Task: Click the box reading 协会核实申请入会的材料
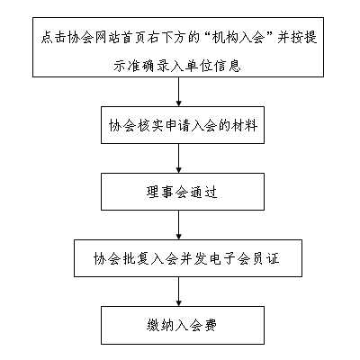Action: tap(183, 125)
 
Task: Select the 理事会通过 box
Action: tap(183, 192)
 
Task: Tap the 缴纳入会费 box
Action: tap(183, 325)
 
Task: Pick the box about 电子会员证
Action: tap(188, 258)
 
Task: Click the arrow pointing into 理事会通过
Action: tap(179, 158)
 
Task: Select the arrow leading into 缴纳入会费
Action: tap(179, 292)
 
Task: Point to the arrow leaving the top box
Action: tap(179, 92)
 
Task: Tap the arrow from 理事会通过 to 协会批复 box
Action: tap(179, 225)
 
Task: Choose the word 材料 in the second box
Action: tap(244, 125)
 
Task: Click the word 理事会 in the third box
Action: tap(166, 192)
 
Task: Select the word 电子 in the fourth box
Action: tap(221, 258)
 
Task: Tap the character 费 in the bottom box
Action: tap(211, 325)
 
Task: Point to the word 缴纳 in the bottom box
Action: tap(160, 325)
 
